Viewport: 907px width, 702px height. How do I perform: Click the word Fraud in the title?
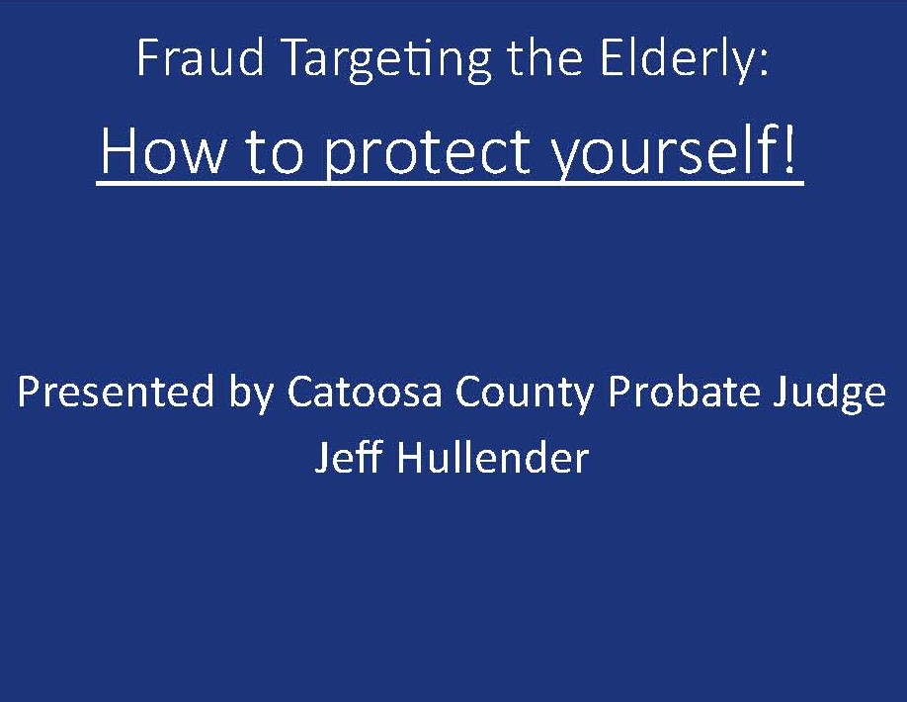201,57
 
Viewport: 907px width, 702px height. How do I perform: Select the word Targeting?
388,61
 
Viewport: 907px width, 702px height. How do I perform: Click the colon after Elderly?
764,63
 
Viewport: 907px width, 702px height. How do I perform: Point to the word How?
163,151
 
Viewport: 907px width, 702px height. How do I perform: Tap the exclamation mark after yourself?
790,150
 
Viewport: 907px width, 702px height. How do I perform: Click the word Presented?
116,392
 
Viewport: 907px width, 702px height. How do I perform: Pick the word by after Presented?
252,395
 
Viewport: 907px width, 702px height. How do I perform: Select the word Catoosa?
365,392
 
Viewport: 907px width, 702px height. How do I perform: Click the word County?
525,395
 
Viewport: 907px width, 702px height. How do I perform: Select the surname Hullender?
493,457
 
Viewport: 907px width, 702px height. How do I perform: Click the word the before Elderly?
544,57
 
